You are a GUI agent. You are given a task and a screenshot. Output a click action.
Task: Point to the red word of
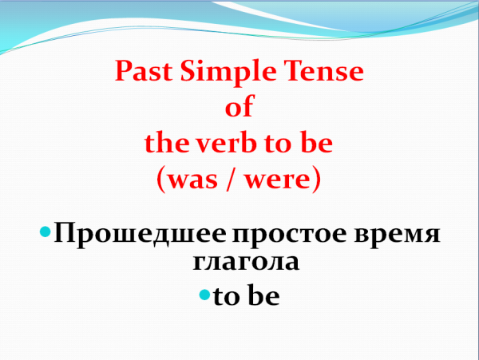click(x=239, y=109)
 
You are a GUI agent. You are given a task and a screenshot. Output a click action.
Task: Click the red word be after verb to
click(x=316, y=144)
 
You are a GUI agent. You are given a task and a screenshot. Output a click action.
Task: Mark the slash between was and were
click(x=237, y=180)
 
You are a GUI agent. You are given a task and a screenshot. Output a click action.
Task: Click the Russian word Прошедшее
click(x=141, y=237)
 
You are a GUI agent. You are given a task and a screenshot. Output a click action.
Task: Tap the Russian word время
click(x=399, y=237)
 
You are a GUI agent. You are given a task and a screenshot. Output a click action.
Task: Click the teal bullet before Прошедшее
click(x=46, y=235)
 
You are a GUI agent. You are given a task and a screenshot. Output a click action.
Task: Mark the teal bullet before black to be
click(x=204, y=295)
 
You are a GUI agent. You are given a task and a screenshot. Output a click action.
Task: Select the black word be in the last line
click(x=263, y=296)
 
